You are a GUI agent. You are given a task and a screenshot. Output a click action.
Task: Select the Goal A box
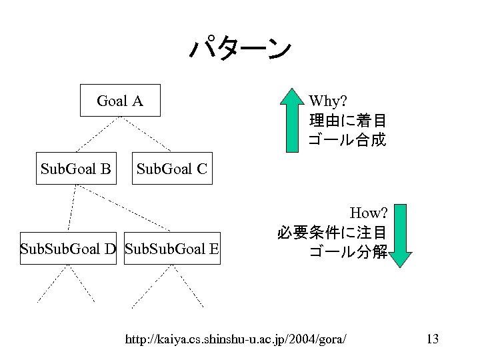(120, 101)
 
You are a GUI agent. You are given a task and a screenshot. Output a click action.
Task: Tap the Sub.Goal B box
(75, 167)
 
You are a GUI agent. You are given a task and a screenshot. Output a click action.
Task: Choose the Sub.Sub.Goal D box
(69, 249)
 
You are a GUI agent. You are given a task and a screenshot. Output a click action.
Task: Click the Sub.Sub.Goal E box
(172, 249)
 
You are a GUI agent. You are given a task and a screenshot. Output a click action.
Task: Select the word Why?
(328, 101)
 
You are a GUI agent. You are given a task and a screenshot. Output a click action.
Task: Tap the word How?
(369, 213)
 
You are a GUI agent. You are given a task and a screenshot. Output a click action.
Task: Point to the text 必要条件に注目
(331, 233)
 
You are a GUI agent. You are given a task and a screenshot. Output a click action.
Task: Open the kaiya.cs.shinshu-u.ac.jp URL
(236, 339)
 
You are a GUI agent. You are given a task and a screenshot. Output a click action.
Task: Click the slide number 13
(432, 339)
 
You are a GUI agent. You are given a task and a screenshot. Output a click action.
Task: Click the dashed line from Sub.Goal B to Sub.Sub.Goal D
(70, 207)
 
